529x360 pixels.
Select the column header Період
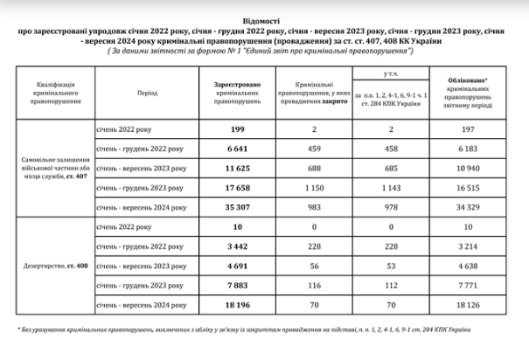coord(147,91)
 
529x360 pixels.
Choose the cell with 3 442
coord(232,247)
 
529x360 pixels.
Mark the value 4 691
coord(232,267)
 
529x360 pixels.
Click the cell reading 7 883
coord(232,287)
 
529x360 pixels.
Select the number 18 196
coord(232,308)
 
